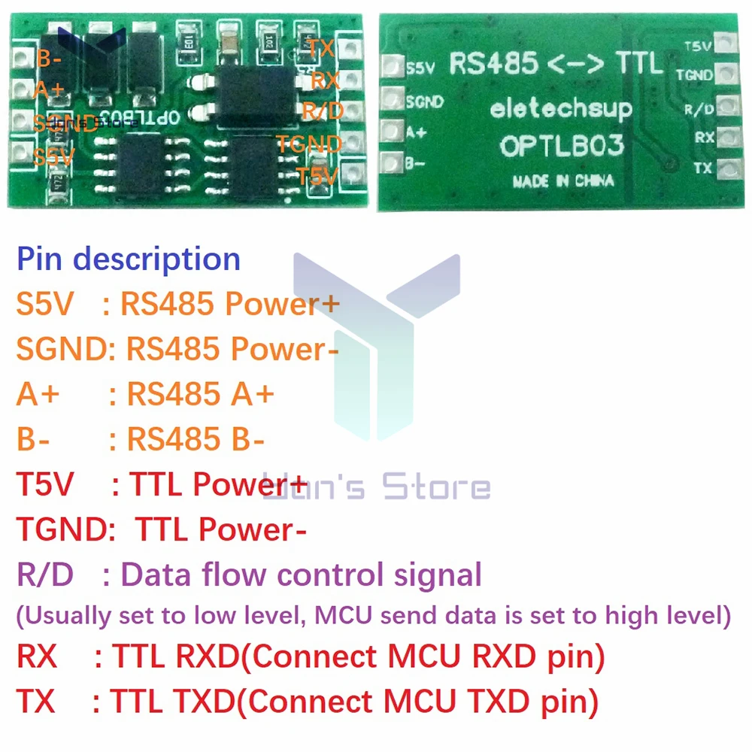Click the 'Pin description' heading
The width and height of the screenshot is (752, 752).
(129, 259)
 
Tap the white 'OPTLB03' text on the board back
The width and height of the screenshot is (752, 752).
(562, 145)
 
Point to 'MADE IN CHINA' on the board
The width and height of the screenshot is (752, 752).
(562, 180)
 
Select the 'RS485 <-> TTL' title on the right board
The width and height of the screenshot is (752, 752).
(556, 64)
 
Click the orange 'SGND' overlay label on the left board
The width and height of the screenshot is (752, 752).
(65, 123)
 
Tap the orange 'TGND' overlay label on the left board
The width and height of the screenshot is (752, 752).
(308, 143)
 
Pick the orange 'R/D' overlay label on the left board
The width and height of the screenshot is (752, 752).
(322, 111)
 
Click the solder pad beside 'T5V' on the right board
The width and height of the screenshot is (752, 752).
(725, 44)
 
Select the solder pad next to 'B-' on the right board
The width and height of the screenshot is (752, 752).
(390, 162)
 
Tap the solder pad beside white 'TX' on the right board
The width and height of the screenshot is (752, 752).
(725, 169)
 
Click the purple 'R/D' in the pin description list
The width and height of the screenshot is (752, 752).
(45, 576)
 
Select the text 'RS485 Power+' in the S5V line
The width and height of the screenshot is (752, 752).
(230, 305)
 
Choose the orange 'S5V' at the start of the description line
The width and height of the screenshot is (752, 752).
(45, 305)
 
